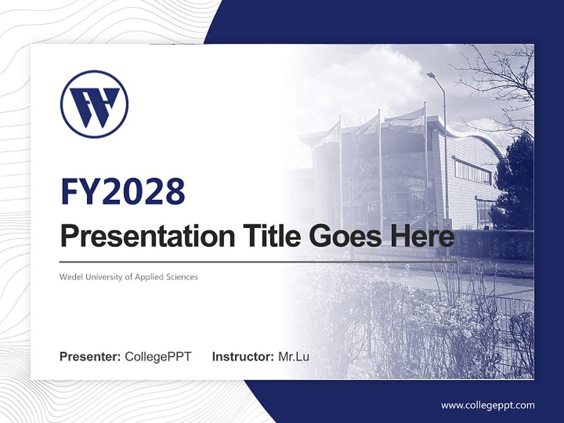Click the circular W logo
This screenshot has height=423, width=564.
(94, 105)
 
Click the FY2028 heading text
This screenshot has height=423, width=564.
(123, 192)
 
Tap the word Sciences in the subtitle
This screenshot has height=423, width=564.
(182, 277)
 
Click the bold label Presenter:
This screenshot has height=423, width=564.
(90, 357)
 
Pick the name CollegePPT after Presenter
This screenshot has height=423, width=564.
(158, 357)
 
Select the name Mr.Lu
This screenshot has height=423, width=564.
(294, 357)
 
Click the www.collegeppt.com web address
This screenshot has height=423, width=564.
(488, 405)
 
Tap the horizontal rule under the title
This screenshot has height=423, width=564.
(258, 261)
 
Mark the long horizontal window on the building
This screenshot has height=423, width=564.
(472, 171)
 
